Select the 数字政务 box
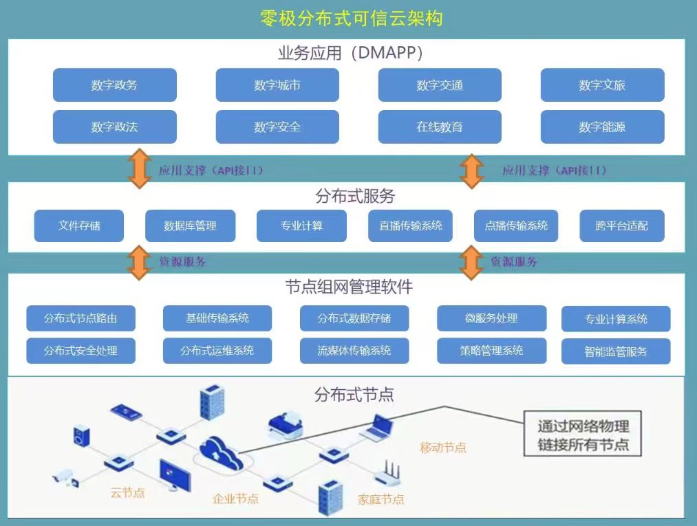click(x=115, y=85)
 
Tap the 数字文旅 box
click(x=602, y=85)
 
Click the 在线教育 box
click(x=440, y=127)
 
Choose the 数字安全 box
click(x=277, y=127)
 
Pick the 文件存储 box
click(x=79, y=226)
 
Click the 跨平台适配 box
click(x=622, y=226)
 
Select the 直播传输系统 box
click(x=410, y=226)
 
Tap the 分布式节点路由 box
click(x=81, y=318)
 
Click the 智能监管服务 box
click(x=616, y=351)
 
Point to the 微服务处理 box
click(x=491, y=318)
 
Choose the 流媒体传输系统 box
click(x=354, y=351)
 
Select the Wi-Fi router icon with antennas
click(x=388, y=474)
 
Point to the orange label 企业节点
click(x=236, y=498)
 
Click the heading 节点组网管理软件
click(x=349, y=285)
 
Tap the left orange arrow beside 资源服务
click(x=140, y=263)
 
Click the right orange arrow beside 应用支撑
click(x=472, y=171)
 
